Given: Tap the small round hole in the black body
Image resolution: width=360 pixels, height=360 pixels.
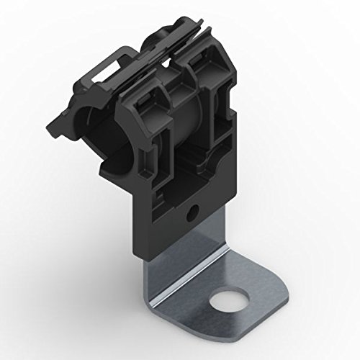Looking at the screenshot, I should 190,214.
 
